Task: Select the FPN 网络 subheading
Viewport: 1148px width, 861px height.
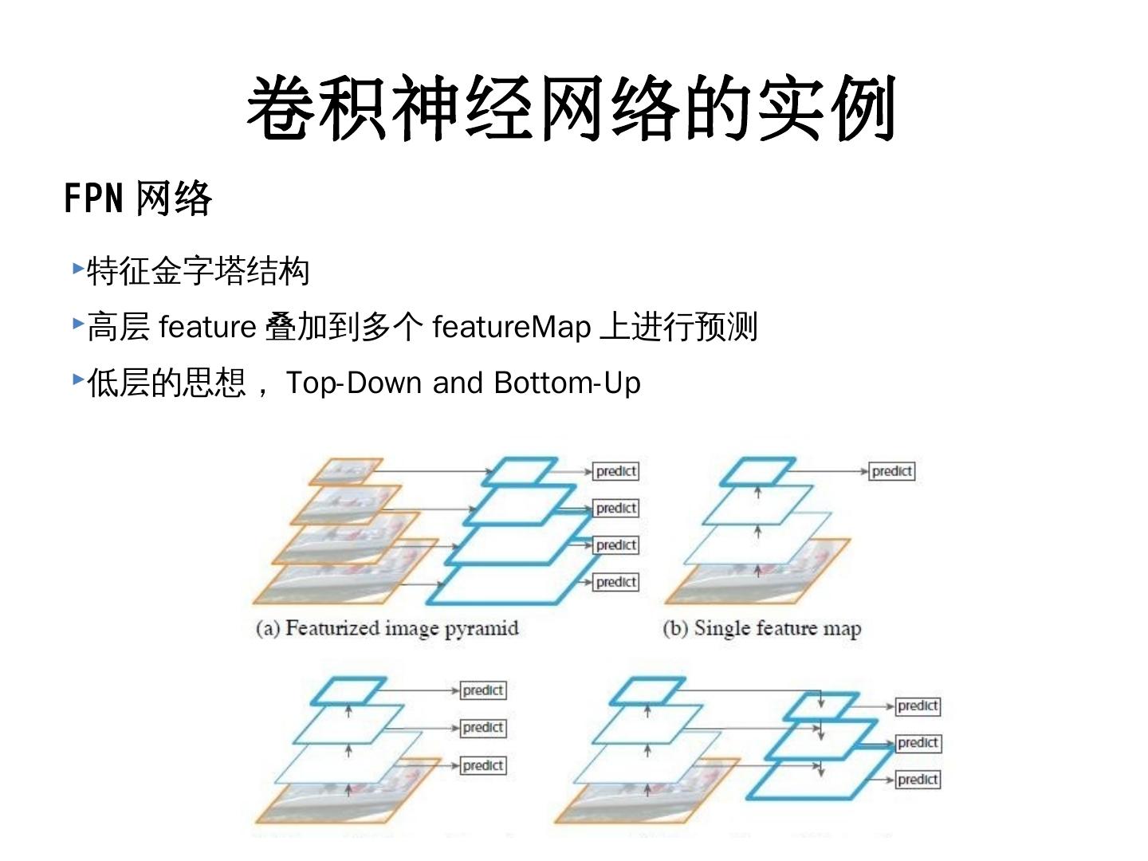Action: pos(138,198)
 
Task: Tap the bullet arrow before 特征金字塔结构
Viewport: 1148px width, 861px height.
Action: pos(77,268)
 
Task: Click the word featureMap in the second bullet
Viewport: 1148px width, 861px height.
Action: pos(511,327)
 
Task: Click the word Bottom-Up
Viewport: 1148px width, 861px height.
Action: pos(567,383)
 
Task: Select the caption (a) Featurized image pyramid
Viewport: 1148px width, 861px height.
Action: pos(387,628)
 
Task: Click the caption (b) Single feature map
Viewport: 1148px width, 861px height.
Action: pos(761,628)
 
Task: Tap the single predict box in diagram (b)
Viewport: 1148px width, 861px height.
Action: pos(891,471)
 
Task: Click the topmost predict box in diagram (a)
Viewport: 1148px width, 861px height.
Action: pos(616,471)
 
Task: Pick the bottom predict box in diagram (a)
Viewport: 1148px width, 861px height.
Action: pos(616,582)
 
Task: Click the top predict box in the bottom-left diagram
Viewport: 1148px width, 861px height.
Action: pos(483,690)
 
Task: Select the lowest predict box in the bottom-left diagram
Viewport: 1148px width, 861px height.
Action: pos(483,765)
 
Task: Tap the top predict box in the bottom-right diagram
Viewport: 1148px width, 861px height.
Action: pos(918,706)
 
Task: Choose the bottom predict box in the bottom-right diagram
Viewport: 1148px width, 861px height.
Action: pos(918,780)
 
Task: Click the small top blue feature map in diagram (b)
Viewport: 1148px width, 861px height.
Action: pos(757,471)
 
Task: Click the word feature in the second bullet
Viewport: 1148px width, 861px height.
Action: pos(207,327)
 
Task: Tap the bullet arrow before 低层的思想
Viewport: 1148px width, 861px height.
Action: pos(77,379)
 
